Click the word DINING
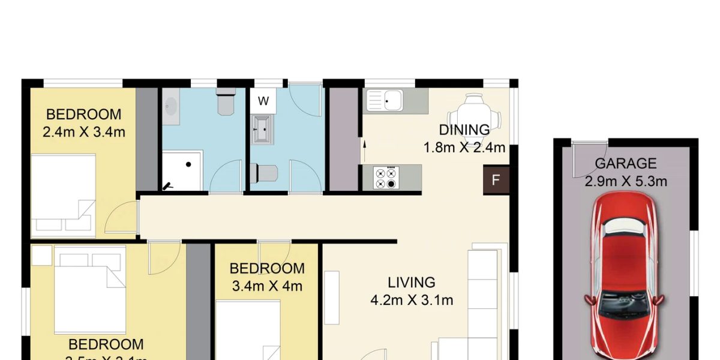pos(464,130)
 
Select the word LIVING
pos(411,282)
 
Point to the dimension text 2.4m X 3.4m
pos(84,132)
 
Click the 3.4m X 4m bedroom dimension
pos(267,286)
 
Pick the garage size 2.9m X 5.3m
pos(626,181)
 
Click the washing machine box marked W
pos(263,101)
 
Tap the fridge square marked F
pos(496,181)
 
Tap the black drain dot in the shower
pos(188,163)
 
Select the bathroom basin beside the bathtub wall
pos(171,108)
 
